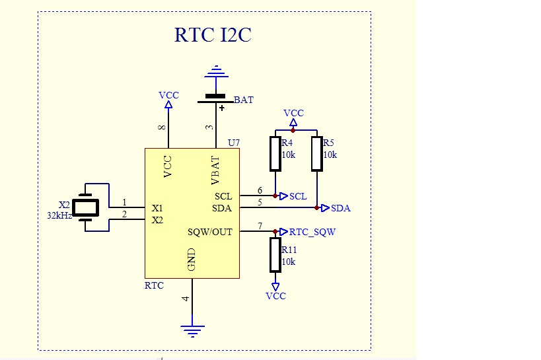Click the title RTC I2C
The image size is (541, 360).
(x=213, y=34)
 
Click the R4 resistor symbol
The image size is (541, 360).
(x=275, y=153)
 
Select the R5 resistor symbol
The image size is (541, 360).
(x=317, y=153)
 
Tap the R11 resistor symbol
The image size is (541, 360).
(x=275, y=255)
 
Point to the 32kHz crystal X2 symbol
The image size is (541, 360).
(x=85, y=207)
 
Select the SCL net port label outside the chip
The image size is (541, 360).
(x=297, y=196)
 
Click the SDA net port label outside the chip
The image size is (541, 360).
(x=340, y=208)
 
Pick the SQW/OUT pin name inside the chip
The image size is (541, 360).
(x=211, y=232)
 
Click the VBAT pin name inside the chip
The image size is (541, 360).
(x=215, y=170)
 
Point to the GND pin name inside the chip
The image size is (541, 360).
(x=192, y=260)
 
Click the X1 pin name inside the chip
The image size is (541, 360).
(x=157, y=208)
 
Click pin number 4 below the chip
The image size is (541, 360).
(x=186, y=299)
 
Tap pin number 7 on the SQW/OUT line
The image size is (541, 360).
(x=260, y=227)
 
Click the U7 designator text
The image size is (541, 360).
(x=233, y=143)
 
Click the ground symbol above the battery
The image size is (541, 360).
(x=215, y=71)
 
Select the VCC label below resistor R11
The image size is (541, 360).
(x=275, y=296)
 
